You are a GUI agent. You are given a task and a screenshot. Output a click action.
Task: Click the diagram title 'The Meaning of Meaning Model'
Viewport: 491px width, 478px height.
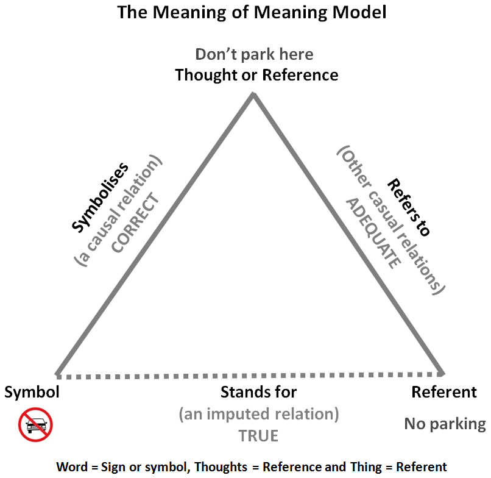coord(252,13)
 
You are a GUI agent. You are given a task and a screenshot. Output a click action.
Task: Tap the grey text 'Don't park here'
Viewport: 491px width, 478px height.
coord(254,54)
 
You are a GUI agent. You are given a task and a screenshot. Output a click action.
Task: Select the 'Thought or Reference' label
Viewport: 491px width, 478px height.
coord(257,75)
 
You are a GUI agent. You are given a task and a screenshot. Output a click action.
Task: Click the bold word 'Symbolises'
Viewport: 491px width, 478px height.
coord(100,198)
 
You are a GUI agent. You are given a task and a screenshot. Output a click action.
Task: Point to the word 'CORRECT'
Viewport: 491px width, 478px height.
coord(135,223)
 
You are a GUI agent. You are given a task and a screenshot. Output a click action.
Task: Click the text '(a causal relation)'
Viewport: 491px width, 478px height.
coord(118,210)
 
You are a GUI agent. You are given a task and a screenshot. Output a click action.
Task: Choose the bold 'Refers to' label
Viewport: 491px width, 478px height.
coord(409,207)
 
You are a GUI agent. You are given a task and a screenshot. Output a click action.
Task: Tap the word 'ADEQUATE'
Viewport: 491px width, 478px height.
coord(373,234)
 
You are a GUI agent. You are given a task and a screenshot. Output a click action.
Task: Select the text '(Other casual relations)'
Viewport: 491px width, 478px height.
coord(391,220)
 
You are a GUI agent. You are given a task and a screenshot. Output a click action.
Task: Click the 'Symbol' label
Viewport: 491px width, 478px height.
coord(32,392)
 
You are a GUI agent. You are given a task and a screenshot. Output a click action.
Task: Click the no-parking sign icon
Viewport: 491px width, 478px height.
coord(35,425)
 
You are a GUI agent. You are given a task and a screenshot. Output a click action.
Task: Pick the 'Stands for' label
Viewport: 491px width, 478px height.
coord(259,392)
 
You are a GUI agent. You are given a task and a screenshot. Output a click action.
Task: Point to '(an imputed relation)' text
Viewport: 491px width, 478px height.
coord(259,414)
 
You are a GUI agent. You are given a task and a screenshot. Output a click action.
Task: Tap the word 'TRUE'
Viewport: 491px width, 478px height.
coord(258,436)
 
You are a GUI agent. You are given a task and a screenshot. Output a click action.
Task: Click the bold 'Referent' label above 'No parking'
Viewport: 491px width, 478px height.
coord(444,392)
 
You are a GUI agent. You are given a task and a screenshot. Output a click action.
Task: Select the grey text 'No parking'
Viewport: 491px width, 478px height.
coord(445,424)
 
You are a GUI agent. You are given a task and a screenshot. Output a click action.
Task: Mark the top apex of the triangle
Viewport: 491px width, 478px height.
coord(253,93)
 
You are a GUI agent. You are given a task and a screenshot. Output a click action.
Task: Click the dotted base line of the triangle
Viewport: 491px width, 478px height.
coord(250,376)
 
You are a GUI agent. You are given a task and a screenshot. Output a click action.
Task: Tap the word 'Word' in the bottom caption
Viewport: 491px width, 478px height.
coord(72,467)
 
